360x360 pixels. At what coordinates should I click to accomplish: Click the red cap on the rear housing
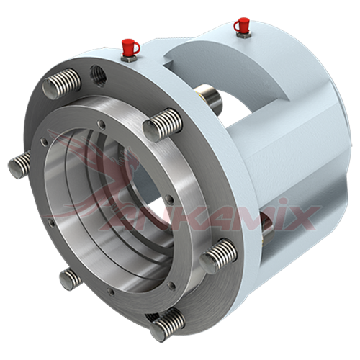[x=241, y=24]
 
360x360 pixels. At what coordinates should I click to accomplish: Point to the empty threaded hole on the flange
[x=98, y=73]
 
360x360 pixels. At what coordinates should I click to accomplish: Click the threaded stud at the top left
[x=62, y=84]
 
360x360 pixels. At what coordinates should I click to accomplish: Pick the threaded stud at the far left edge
[x=19, y=164]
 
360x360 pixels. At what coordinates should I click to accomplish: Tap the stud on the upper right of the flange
[x=162, y=125]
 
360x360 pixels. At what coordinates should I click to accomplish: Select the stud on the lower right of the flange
[x=218, y=256]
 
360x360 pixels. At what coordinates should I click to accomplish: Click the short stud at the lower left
[x=70, y=279]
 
